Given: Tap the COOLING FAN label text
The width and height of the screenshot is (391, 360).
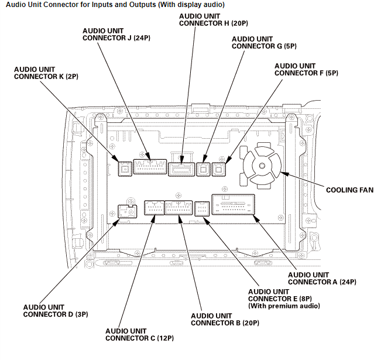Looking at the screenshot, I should pyautogui.click(x=349, y=190).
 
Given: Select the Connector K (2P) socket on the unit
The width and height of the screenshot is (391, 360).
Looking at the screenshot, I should pyautogui.click(x=124, y=169).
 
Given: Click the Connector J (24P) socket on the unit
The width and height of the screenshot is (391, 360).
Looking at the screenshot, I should pyautogui.click(x=150, y=167).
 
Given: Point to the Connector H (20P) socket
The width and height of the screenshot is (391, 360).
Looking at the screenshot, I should pyautogui.click(x=183, y=169).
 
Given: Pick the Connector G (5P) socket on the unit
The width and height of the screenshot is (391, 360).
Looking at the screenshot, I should pyautogui.click(x=203, y=169).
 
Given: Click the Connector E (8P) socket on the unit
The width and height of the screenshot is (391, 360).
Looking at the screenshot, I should pyautogui.click(x=201, y=208).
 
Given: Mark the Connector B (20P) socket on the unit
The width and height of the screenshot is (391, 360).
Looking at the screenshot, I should pyautogui.click(x=179, y=208).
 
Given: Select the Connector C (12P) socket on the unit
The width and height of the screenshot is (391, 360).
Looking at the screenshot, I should pyautogui.click(x=153, y=208).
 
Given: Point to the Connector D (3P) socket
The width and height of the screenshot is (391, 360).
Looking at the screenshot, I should pyautogui.click(x=124, y=211).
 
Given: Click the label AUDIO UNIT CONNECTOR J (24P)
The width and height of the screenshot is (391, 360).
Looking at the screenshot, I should pyautogui.click(x=118, y=35).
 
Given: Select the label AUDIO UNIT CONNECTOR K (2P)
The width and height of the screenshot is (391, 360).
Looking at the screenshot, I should pyautogui.click(x=46, y=73).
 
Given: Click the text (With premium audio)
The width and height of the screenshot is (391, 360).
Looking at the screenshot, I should pyautogui.click(x=284, y=306).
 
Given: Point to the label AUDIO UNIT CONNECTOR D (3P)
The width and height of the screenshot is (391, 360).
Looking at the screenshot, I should pyautogui.click(x=56, y=311).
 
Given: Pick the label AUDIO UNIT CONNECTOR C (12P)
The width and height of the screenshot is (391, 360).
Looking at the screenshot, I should pyautogui.click(x=139, y=334).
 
